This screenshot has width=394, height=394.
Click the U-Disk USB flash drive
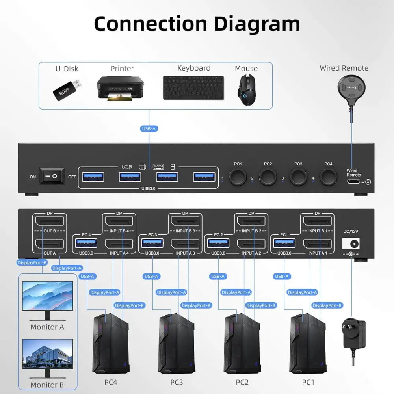coord(67,89)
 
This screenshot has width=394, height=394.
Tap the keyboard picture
coord(193,87)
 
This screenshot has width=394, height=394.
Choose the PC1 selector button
coord(238,177)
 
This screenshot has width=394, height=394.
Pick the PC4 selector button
coord(328,177)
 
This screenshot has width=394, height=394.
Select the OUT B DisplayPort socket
coord(49,221)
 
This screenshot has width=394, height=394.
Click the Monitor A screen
coord(48,295)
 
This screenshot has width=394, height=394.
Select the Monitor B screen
coord(48,353)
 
